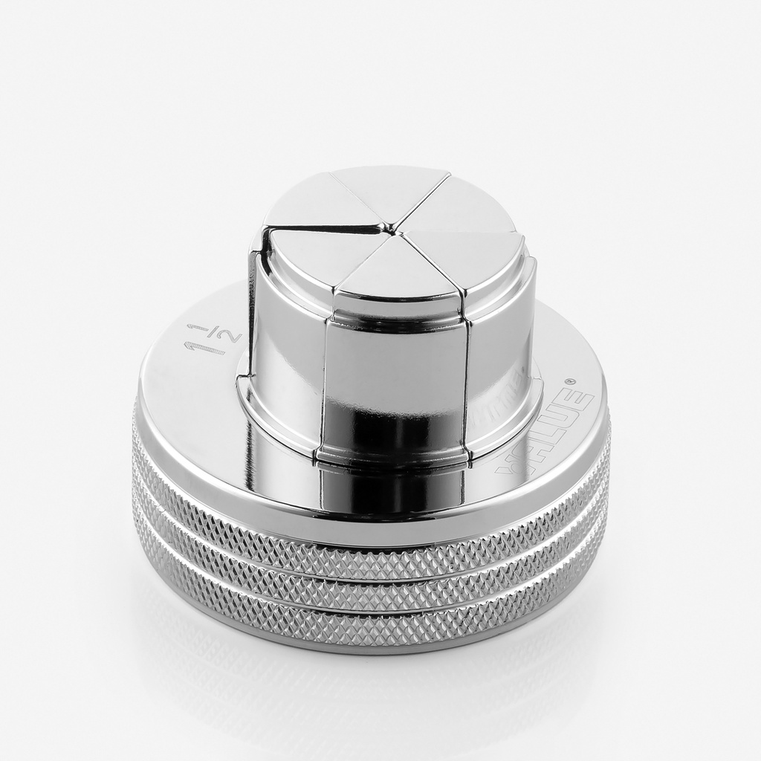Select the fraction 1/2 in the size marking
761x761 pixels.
[x=227, y=334]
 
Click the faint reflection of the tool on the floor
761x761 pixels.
[x=372, y=691]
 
